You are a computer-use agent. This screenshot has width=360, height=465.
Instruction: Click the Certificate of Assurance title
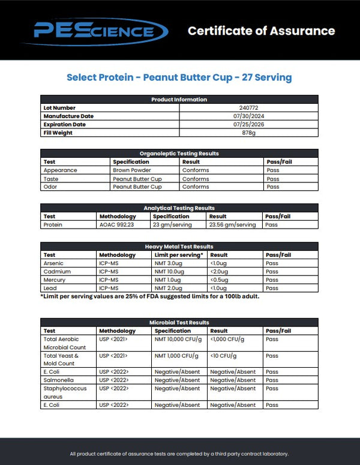coord(261,31)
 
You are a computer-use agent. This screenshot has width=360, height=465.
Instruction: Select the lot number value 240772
coord(248,108)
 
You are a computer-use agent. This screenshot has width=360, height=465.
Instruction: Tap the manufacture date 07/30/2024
coord(248,116)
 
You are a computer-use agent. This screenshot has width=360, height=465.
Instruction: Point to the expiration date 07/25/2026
coord(248,125)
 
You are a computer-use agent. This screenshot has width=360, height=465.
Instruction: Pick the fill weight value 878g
coord(248,133)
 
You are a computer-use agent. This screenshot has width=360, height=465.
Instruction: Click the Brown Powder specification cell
coord(131,170)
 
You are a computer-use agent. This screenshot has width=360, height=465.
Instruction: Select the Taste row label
coord(52,179)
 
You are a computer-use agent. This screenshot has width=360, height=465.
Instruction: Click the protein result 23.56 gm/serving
coord(232,225)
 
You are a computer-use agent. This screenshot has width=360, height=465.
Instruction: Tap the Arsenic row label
coord(53,263)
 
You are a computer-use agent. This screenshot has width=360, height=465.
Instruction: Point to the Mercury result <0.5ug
coord(220,280)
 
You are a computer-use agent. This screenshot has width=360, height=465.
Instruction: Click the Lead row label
coord(50,289)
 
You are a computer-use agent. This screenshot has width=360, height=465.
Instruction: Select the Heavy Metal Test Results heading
coord(179,247)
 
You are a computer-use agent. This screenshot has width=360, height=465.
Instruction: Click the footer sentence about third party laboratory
coord(179,454)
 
